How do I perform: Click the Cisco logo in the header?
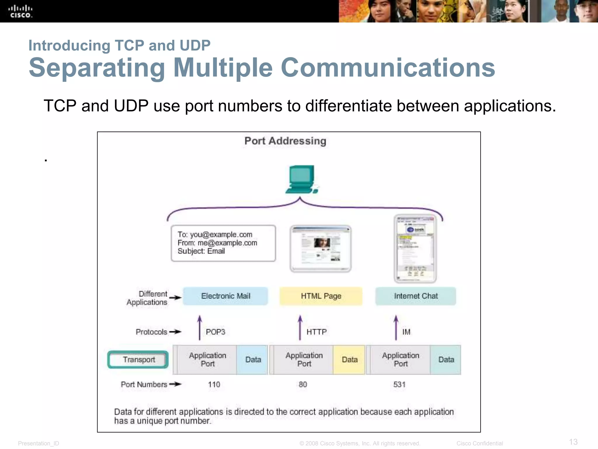(x=20, y=11)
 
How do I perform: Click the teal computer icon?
(x=302, y=179)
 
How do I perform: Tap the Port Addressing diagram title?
(x=285, y=141)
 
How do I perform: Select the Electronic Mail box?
(x=225, y=296)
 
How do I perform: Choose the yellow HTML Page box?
(x=321, y=296)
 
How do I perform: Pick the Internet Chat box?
(x=416, y=296)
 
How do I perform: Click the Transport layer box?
(x=138, y=360)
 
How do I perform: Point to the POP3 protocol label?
(x=215, y=332)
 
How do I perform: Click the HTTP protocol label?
(x=317, y=332)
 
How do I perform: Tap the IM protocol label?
(x=406, y=332)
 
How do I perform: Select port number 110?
(x=214, y=384)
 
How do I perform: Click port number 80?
(x=303, y=384)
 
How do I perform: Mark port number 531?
(x=399, y=384)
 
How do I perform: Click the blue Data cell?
(x=253, y=360)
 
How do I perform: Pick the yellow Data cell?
(x=349, y=360)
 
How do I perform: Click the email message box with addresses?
(x=223, y=243)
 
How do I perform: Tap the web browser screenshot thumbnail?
(x=321, y=249)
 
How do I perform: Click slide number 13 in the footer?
(x=573, y=442)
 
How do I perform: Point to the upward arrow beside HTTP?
(x=300, y=328)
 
